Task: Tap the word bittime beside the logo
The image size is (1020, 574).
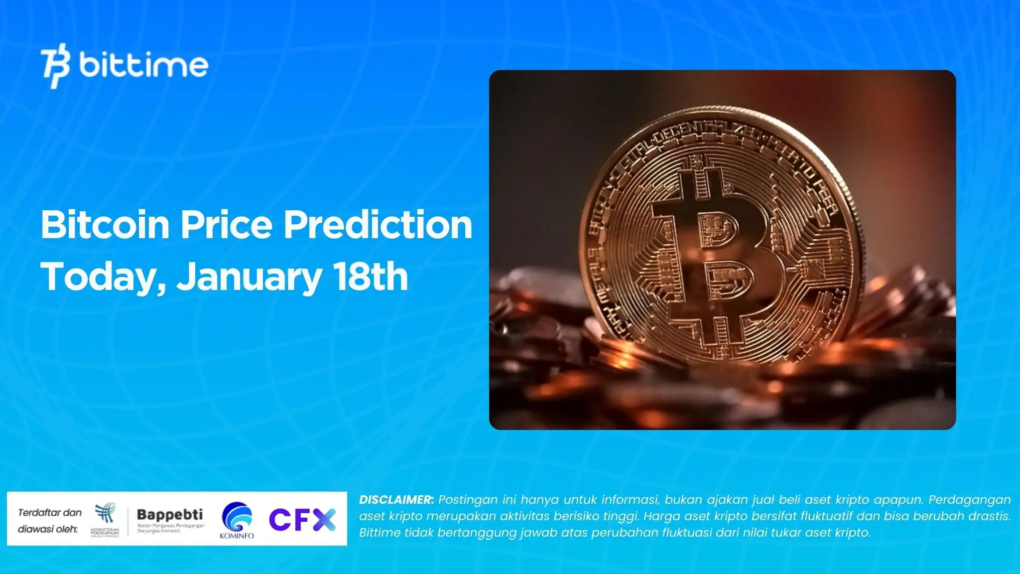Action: point(143,65)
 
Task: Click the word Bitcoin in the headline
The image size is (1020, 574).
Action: point(105,225)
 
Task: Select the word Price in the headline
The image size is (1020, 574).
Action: point(226,225)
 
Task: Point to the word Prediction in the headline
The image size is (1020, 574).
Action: point(378,225)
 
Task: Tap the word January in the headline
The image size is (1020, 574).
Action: point(249,277)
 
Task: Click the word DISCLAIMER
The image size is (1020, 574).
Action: point(396,500)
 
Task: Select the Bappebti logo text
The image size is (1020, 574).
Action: point(170,514)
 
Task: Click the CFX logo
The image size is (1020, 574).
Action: point(302,519)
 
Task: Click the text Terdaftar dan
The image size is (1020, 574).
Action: point(50,513)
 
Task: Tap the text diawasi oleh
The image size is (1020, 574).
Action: point(48,529)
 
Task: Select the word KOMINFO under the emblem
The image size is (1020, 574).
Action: point(237,536)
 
